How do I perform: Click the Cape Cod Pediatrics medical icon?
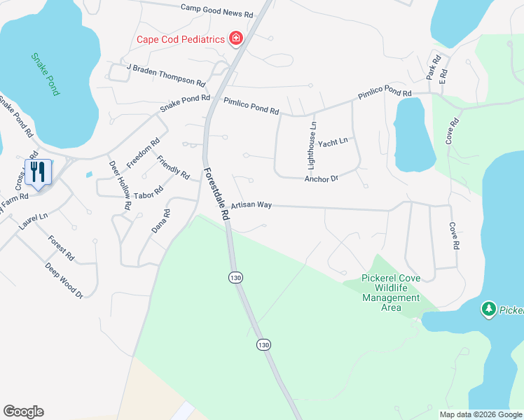(236, 38)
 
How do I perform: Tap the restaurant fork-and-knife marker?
(38, 172)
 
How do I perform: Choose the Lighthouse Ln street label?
(313, 146)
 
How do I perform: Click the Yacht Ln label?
(333, 143)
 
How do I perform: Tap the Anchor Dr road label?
(322, 179)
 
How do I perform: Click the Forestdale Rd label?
(217, 195)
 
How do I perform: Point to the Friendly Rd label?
(173, 167)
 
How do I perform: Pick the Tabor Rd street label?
(148, 193)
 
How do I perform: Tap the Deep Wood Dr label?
(64, 281)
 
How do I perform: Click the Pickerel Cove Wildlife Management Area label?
(391, 293)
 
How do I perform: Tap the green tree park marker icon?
(489, 309)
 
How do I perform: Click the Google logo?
(23, 412)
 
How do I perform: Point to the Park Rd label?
(432, 66)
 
